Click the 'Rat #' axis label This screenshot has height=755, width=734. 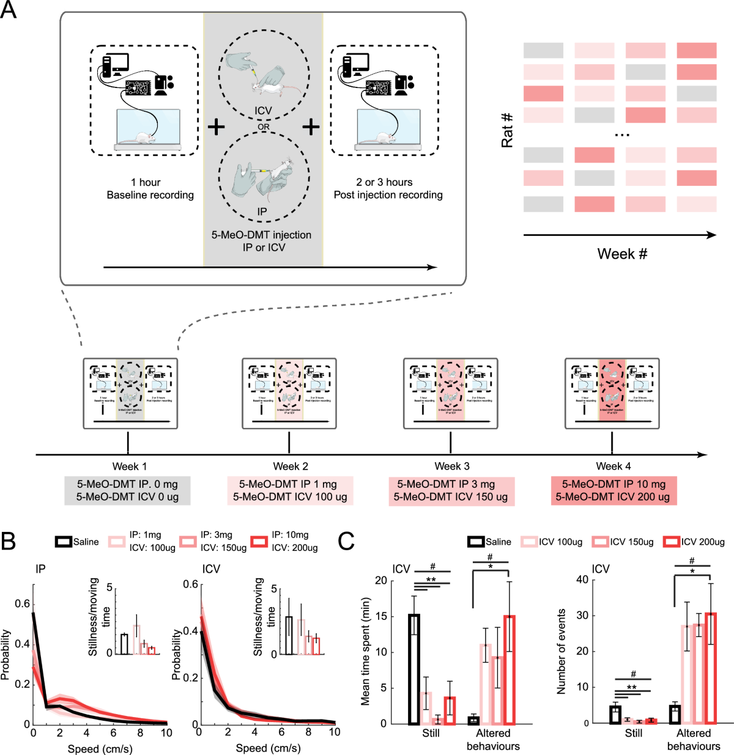point(507,130)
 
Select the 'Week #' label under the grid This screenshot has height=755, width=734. point(622,254)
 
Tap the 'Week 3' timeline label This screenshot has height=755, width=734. point(452,466)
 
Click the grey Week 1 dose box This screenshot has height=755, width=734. point(127,490)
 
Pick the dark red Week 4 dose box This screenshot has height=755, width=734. point(613,490)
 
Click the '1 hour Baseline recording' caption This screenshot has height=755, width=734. point(150,189)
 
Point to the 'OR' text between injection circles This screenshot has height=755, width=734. point(264,127)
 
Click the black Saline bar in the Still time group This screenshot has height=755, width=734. point(414,669)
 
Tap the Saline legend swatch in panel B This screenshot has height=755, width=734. point(64,542)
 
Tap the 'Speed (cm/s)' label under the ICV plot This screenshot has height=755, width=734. point(268,748)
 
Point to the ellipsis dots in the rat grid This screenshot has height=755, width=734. point(621,134)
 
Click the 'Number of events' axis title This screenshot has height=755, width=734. point(561,652)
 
